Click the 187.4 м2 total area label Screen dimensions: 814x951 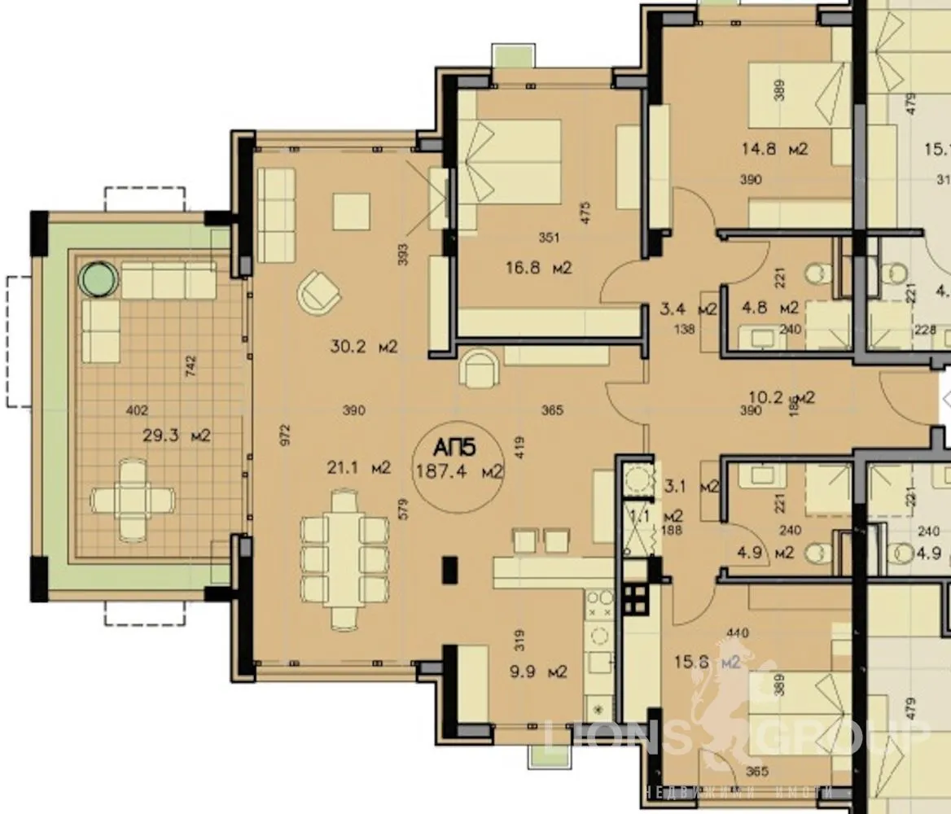pyautogui.click(x=459, y=470)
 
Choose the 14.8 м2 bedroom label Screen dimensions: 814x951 pyautogui.click(x=774, y=149)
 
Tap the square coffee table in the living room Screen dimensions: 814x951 pyautogui.click(x=350, y=212)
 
